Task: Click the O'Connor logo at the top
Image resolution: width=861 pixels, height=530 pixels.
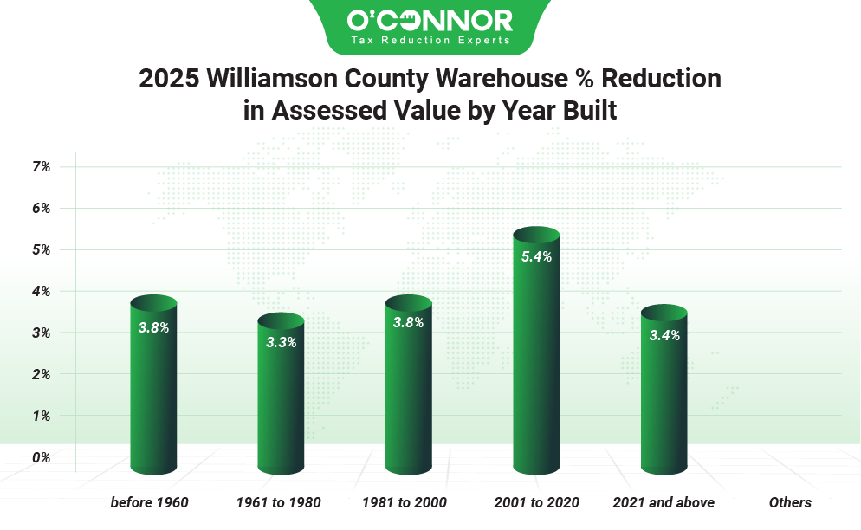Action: coord(430,19)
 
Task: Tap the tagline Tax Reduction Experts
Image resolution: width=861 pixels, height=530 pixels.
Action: coord(430,40)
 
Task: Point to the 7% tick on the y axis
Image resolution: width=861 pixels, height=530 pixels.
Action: coord(42,166)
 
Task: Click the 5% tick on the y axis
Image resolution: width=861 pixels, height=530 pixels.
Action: coord(42,249)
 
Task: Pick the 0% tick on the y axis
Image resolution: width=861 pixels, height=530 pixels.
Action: coord(42,457)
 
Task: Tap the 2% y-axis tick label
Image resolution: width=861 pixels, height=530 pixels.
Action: coord(42,374)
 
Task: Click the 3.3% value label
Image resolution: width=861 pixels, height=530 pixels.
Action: coord(281,342)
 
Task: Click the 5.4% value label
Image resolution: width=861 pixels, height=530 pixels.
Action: coord(536,256)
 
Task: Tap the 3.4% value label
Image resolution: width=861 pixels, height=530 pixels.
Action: coord(664,336)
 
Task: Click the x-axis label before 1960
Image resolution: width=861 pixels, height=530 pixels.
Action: coord(149,502)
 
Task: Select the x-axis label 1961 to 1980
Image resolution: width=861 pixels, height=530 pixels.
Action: coord(279,502)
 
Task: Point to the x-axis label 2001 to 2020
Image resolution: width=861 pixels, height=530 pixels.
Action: coord(536,502)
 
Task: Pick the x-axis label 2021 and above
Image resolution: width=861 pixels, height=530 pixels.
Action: coord(664,502)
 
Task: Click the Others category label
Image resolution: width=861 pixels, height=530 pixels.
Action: coord(790,502)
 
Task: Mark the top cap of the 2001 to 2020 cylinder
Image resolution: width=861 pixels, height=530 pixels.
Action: coord(536,236)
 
